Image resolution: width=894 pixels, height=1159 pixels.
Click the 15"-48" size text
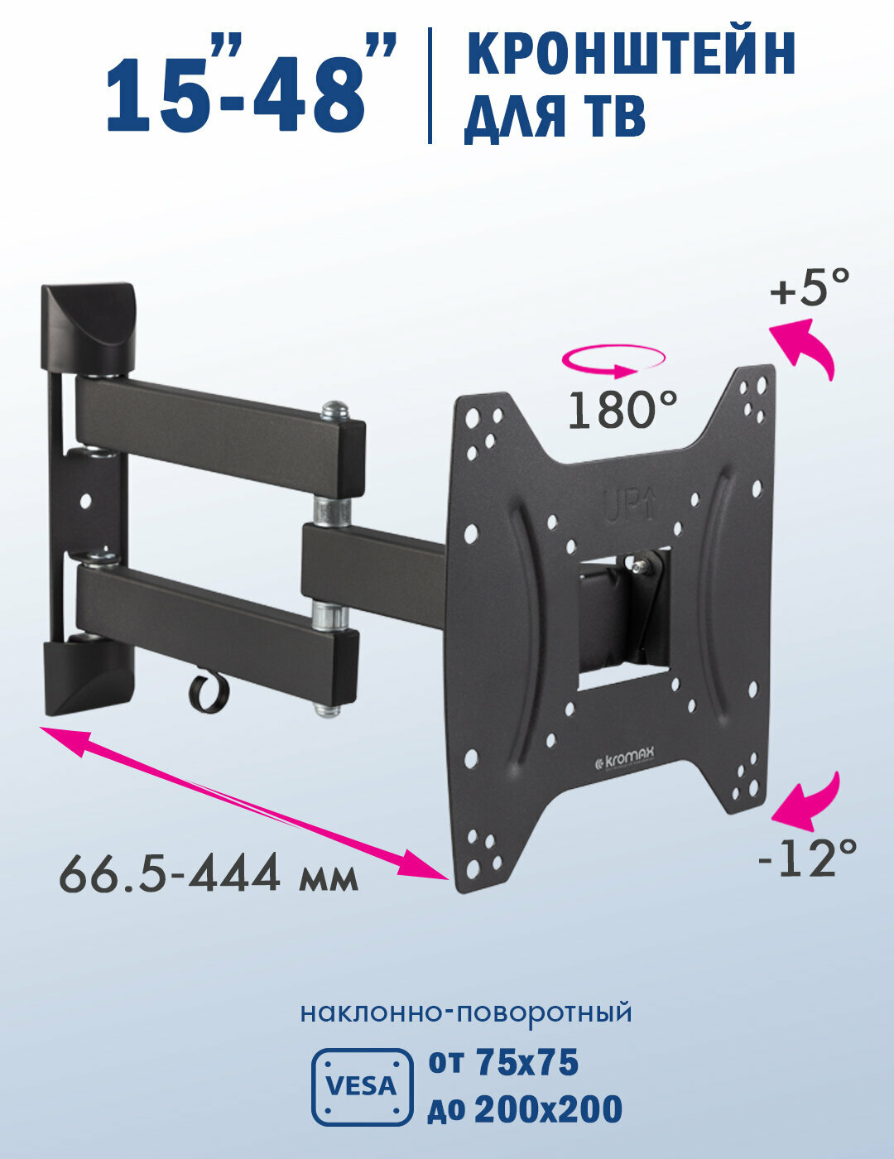click(248, 87)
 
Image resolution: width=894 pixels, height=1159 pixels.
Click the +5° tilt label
click(809, 290)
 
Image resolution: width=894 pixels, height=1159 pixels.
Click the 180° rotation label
click(622, 410)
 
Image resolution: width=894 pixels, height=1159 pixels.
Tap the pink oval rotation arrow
click(613, 360)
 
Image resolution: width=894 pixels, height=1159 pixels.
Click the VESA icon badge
click(362, 1086)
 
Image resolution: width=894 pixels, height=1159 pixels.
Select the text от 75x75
click(503, 1063)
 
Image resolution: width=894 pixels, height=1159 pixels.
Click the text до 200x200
click(525, 1109)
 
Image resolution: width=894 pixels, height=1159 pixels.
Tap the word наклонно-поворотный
click(466, 1012)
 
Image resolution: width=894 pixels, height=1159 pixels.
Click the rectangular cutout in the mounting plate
click(622, 617)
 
